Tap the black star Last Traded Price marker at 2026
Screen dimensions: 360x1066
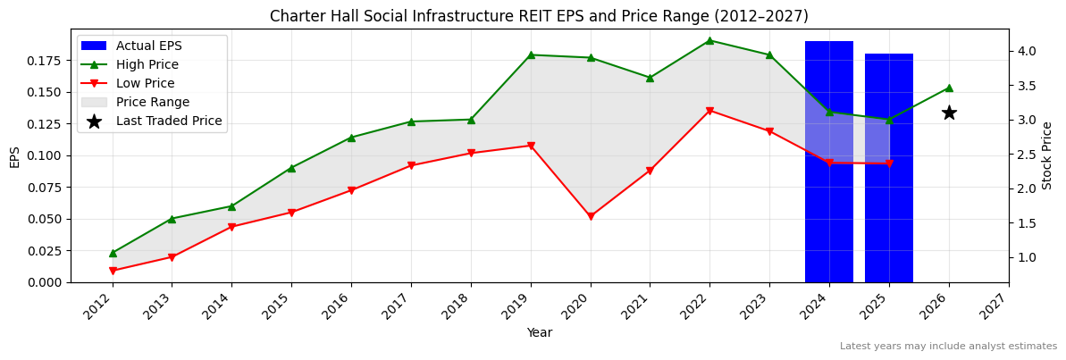pyautogui.click(x=949, y=113)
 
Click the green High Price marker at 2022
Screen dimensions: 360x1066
pyautogui.click(x=709, y=40)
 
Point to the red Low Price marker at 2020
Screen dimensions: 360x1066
pyautogui.click(x=590, y=216)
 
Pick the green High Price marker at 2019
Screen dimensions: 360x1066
pyautogui.click(x=531, y=54)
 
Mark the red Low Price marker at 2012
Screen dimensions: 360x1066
pyautogui.click(x=113, y=271)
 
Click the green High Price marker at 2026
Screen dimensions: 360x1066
pyautogui.click(x=949, y=88)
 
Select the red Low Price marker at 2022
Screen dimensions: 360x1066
pyautogui.click(x=709, y=111)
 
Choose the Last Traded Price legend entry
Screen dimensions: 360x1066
pyautogui.click(x=168, y=121)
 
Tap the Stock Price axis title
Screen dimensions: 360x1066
pyautogui.click(x=1047, y=155)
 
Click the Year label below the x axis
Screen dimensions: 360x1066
pyautogui.click(x=539, y=333)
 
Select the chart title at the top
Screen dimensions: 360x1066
pyautogui.click(x=539, y=16)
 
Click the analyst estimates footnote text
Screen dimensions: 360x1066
pyautogui.click(x=948, y=347)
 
